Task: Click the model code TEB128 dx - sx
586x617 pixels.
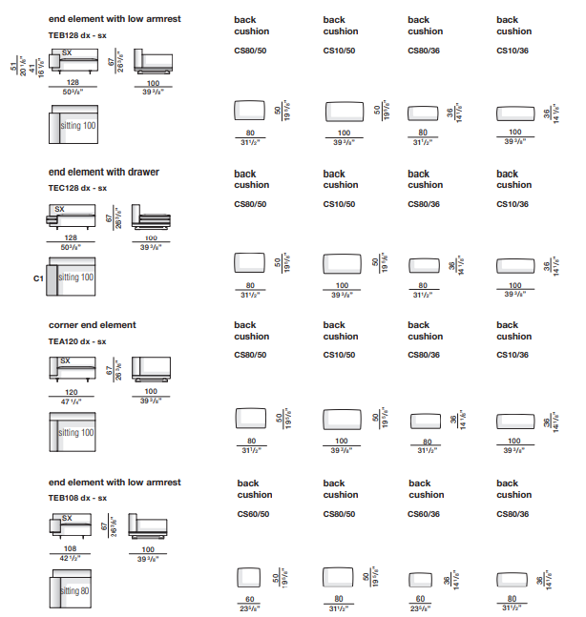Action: pos(77,34)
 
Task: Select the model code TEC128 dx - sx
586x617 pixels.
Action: pos(77,188)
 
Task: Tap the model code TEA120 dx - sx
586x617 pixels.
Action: pos(77,341)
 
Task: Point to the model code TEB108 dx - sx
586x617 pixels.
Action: pos(77,498)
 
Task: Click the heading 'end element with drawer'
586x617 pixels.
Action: pos(104,173)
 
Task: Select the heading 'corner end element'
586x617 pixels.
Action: pos(93,325)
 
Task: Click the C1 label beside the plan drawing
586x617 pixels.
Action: pos(39,278)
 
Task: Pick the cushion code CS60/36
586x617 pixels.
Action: pos(425,514)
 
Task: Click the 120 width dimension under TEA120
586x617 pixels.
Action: pos(72,392)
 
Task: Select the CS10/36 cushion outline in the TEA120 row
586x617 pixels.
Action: pos(515,422)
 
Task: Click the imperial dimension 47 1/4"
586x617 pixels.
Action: pos(72,403)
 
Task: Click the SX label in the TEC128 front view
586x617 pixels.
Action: pos(59,209)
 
